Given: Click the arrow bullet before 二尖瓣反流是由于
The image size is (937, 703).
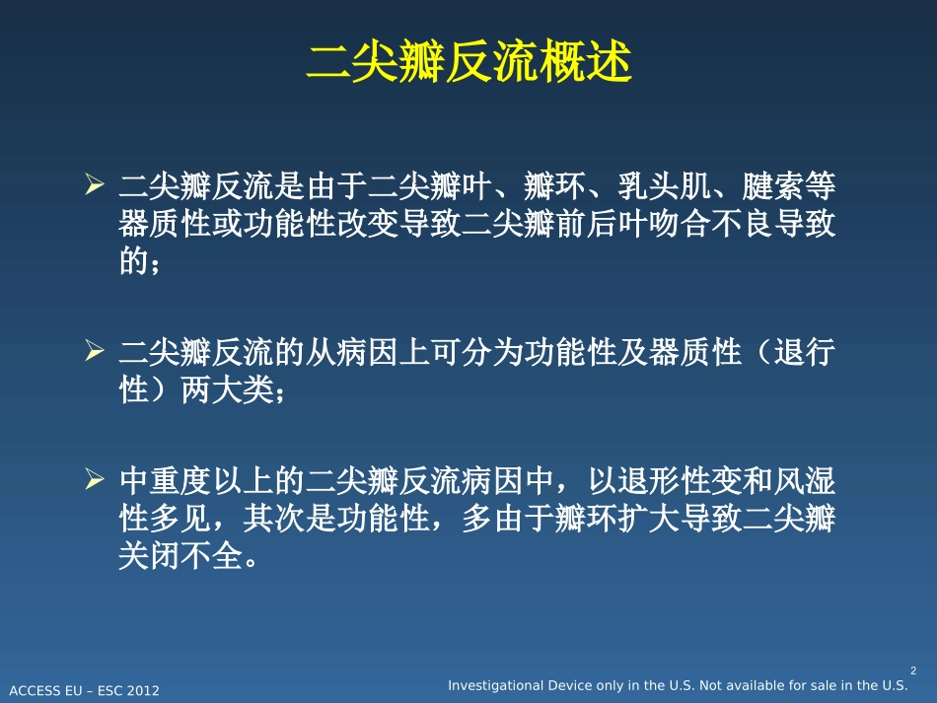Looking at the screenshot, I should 95,183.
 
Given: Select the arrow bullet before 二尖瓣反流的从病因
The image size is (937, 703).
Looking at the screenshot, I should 95,351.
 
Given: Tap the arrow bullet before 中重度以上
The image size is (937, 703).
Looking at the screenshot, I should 95,480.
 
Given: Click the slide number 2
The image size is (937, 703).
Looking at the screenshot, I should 912,670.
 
